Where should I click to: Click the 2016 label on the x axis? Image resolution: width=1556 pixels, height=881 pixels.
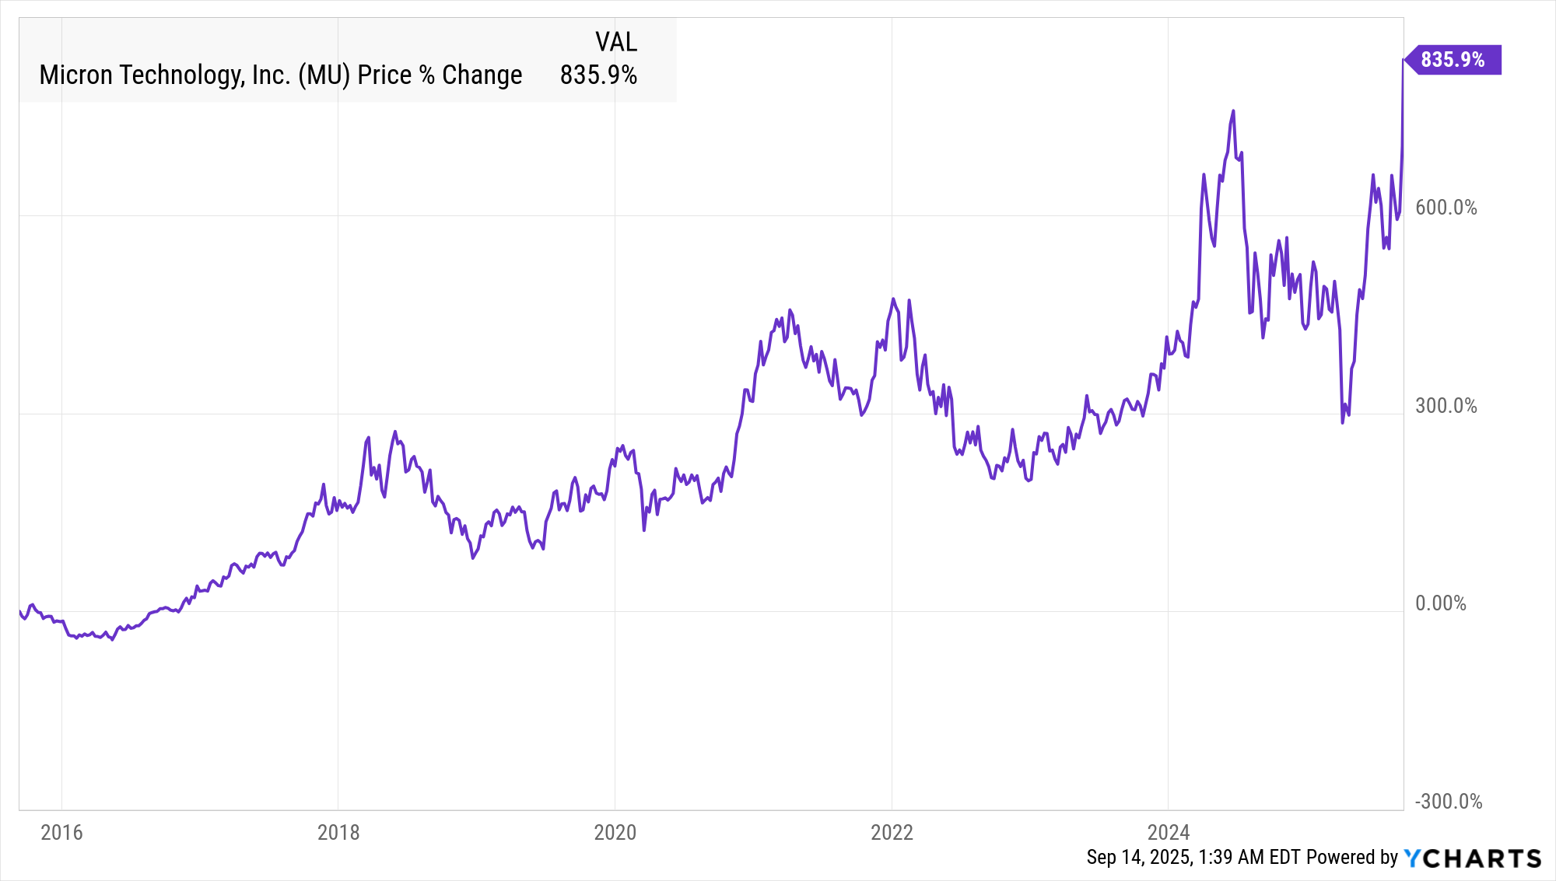pyautogui.click(x=61, y=833)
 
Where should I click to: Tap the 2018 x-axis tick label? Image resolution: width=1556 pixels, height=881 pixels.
pyautogui.click(x=338, y=833)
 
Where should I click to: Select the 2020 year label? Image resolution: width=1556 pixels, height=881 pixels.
pyautogui.click(x=615, y=833)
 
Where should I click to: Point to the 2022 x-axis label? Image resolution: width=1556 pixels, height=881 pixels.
pyautogui.click(x=892, y=833)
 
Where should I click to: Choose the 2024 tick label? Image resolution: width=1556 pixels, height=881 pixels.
pyautogui.click(x=1169, y=833)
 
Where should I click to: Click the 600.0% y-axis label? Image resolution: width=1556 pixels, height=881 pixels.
pyautogui.click(x=1446, y=208)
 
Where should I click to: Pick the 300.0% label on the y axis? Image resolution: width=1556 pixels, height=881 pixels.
pyautogui.click(x=1446, y=406)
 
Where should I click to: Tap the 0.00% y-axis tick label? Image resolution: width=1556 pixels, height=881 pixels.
pyautogui.click(x=1440, y=603)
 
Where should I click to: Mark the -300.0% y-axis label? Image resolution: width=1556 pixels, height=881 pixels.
pyautogui.click(x=1448, y=802)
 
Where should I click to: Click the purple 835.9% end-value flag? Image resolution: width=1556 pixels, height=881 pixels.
pyautogui.click(x=1453, y=60)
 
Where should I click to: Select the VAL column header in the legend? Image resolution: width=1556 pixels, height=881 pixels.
pyautogui.click(x=616, y=42)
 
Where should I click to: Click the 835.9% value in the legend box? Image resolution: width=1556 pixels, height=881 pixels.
pyautogui.click(x=598, y=75)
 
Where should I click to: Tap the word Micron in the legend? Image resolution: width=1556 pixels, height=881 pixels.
pyautogui.click(x=76, y=75)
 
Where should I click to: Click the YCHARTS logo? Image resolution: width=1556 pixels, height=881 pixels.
pyautogui.click(x=1472, y=858)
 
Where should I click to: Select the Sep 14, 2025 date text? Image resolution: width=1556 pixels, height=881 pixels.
pyautogui.click(x=1139, y=858)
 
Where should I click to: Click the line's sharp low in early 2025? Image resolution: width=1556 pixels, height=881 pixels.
pyautogui.click(x=1342, y=422)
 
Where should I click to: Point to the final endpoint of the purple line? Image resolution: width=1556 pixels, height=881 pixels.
pyautogui.click(x=1403, y=60)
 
